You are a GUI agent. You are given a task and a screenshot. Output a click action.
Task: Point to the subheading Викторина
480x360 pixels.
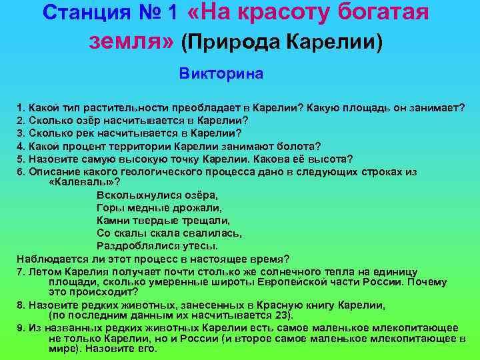221,73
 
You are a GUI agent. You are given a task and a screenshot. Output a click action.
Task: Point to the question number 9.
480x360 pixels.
21,327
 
